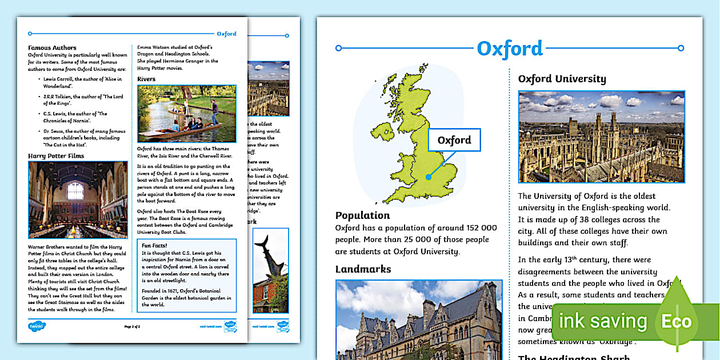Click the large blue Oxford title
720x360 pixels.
click(x=510, y=49)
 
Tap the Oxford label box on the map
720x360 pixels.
click(x=454, y=140)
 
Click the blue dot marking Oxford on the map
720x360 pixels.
click(x=429, y=177)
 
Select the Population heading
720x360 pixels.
click(x=362, y=215)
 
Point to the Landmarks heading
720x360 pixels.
click(x=363, y=269)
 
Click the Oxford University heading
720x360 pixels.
click(x=562, y=79)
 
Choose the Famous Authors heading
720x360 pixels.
click(x=52, y=48)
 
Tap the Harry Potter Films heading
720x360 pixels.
click(x=56, y=155)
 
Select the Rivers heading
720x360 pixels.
click(x=146, y=79)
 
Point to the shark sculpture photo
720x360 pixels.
click(x=270, y=270)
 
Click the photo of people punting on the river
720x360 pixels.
click(x=186, y=114)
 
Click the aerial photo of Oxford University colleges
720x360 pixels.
click(x=601, y=137)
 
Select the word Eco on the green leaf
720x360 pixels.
click(x=676, y=321)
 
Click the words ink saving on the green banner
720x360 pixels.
click(x=602, y=321)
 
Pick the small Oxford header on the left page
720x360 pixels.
click(x=226, y=34)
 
